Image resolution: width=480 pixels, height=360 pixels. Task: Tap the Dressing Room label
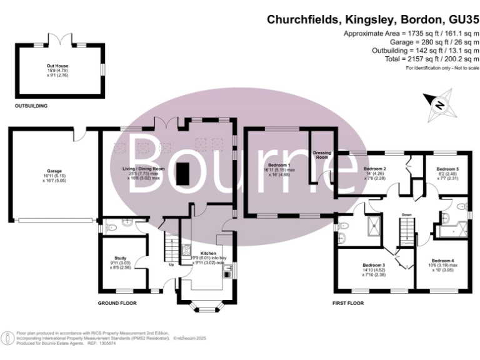(x=322, y=155)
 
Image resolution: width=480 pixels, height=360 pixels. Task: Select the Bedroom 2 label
(x=374, y=169)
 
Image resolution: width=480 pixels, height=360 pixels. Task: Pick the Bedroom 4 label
(x=442, y=260)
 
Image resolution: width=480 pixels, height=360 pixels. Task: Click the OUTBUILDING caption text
(x=31, y=106)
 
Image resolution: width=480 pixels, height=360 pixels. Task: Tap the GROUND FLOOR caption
(x=117, y=303)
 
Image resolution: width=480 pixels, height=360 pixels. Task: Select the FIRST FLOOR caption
(x=348, y=303)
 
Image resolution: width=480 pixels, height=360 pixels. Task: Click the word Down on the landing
(x=407, y=215)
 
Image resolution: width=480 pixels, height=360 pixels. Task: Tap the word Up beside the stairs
(x=172, y=264)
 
